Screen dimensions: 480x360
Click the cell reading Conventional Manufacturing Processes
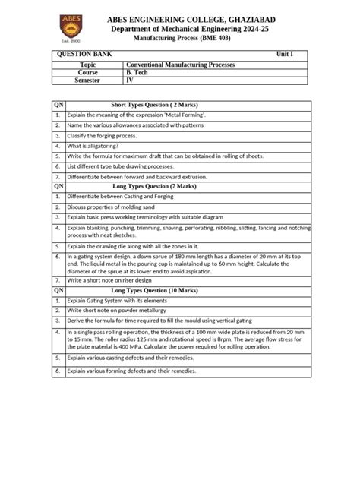click(181, 65)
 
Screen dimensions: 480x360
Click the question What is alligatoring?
click(97, 144)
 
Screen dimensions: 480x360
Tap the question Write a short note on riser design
click(118, 279)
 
